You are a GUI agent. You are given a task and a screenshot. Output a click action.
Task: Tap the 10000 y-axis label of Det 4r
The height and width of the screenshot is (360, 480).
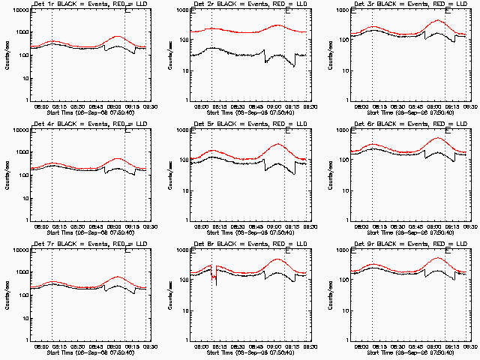point(18,130)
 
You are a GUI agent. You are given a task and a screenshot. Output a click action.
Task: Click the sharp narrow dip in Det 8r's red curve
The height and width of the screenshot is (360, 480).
point(214,277)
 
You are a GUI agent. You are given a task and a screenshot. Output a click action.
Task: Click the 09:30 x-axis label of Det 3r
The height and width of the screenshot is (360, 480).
point(469,105)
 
